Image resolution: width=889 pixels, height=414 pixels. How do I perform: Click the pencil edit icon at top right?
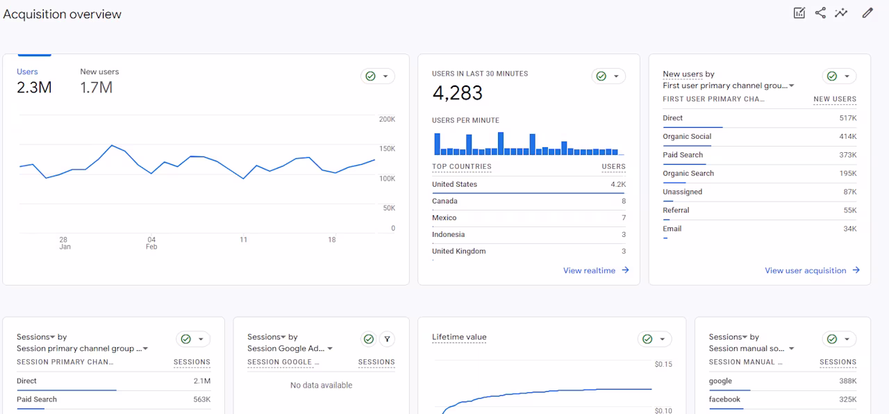click(x=867, y=13)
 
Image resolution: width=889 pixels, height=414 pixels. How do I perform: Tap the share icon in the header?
click(x=820, y=13)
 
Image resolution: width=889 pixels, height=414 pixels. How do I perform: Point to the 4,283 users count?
click(x=457, y=93)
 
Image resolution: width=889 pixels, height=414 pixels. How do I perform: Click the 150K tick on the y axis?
click(x=387, y=149)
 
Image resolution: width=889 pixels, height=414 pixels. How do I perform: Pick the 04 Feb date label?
click(x=151, y=243)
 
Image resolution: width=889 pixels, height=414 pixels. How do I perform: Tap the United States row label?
click(x=454, y=184)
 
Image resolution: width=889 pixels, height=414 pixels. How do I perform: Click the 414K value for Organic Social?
click(x=848, y=137)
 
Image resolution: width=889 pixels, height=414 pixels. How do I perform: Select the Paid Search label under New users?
click(x=683, y=155)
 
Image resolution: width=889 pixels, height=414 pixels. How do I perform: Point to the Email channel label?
click(x=672, y=229)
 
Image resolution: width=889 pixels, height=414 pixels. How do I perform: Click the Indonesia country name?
click(x=448, y=234)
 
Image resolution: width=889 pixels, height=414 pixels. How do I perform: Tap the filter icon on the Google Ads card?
click(x=387, y=339)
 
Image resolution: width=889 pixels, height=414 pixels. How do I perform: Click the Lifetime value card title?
click(x=459, y=337)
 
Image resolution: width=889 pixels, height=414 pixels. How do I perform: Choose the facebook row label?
click(x=724, y=399)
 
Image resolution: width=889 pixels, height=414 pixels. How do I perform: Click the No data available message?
click(x=321, y=385)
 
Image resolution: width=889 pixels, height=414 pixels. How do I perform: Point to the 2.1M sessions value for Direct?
click(x=202, y=381)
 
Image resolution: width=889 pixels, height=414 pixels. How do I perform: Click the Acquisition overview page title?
click(x=63, y=15)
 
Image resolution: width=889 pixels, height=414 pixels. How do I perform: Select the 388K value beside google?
click(x=848, y=381)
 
